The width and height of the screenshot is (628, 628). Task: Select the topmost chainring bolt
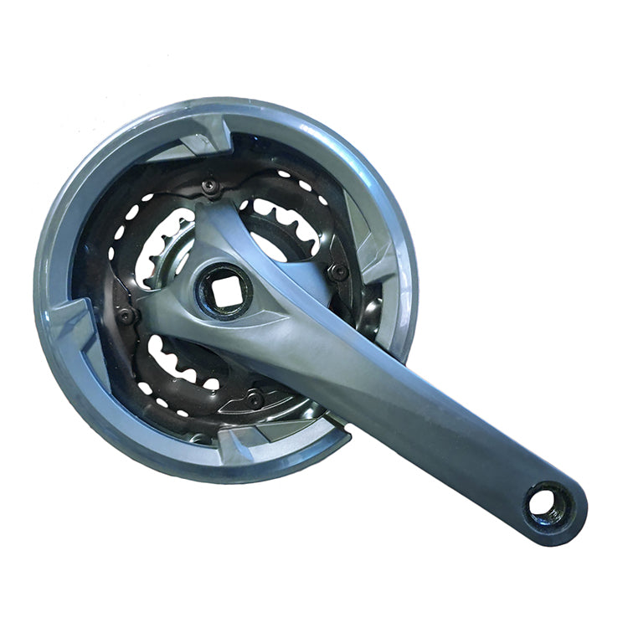coord(210,188)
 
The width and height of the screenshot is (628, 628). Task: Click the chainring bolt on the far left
coord(126,316)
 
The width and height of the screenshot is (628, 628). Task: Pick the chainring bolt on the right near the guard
coord(338,271)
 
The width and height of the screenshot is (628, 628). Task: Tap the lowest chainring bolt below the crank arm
coord(255,399)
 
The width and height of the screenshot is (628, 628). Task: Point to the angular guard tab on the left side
coord(71,322)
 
